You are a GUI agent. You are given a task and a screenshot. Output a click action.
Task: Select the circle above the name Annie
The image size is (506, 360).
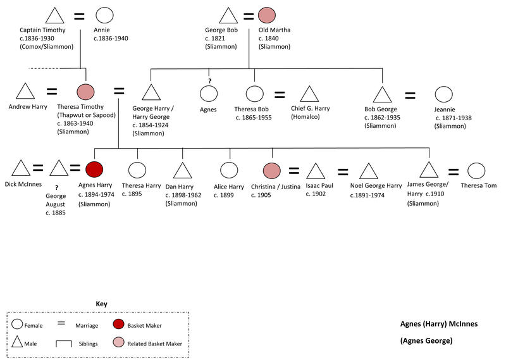[104, 16]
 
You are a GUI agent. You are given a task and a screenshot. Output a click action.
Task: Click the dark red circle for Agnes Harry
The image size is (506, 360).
[94, 170]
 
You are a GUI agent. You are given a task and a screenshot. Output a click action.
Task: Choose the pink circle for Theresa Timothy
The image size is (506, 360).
[85, 92]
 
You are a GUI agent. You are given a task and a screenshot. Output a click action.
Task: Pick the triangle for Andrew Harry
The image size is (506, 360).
[24, 92]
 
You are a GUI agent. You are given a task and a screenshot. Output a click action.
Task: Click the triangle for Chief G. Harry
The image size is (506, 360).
[309, 94]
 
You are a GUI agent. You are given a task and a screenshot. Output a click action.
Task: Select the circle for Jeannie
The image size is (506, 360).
[443, 95]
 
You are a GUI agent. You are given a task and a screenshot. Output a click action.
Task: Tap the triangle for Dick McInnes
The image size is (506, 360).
[21, 169]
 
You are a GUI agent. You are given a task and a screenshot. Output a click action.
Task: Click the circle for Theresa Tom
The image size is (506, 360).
[476, 170]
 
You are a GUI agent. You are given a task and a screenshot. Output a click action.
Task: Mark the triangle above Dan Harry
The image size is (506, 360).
[183, 170]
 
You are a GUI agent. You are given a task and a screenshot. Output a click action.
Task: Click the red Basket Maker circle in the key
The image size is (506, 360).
[120, 325]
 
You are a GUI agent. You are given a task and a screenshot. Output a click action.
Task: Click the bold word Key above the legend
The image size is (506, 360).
[101, 304]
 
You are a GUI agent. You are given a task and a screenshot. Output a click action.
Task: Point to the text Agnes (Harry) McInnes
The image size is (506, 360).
[439, 324]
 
